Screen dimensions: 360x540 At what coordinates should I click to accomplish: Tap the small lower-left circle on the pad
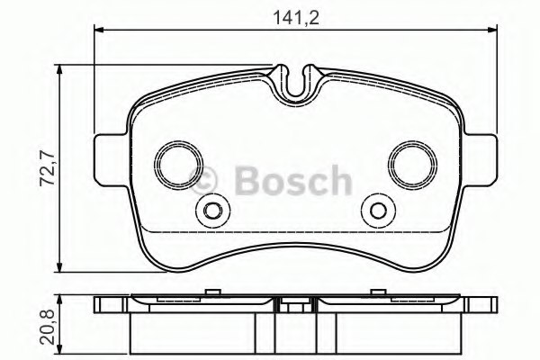point(213,211)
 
